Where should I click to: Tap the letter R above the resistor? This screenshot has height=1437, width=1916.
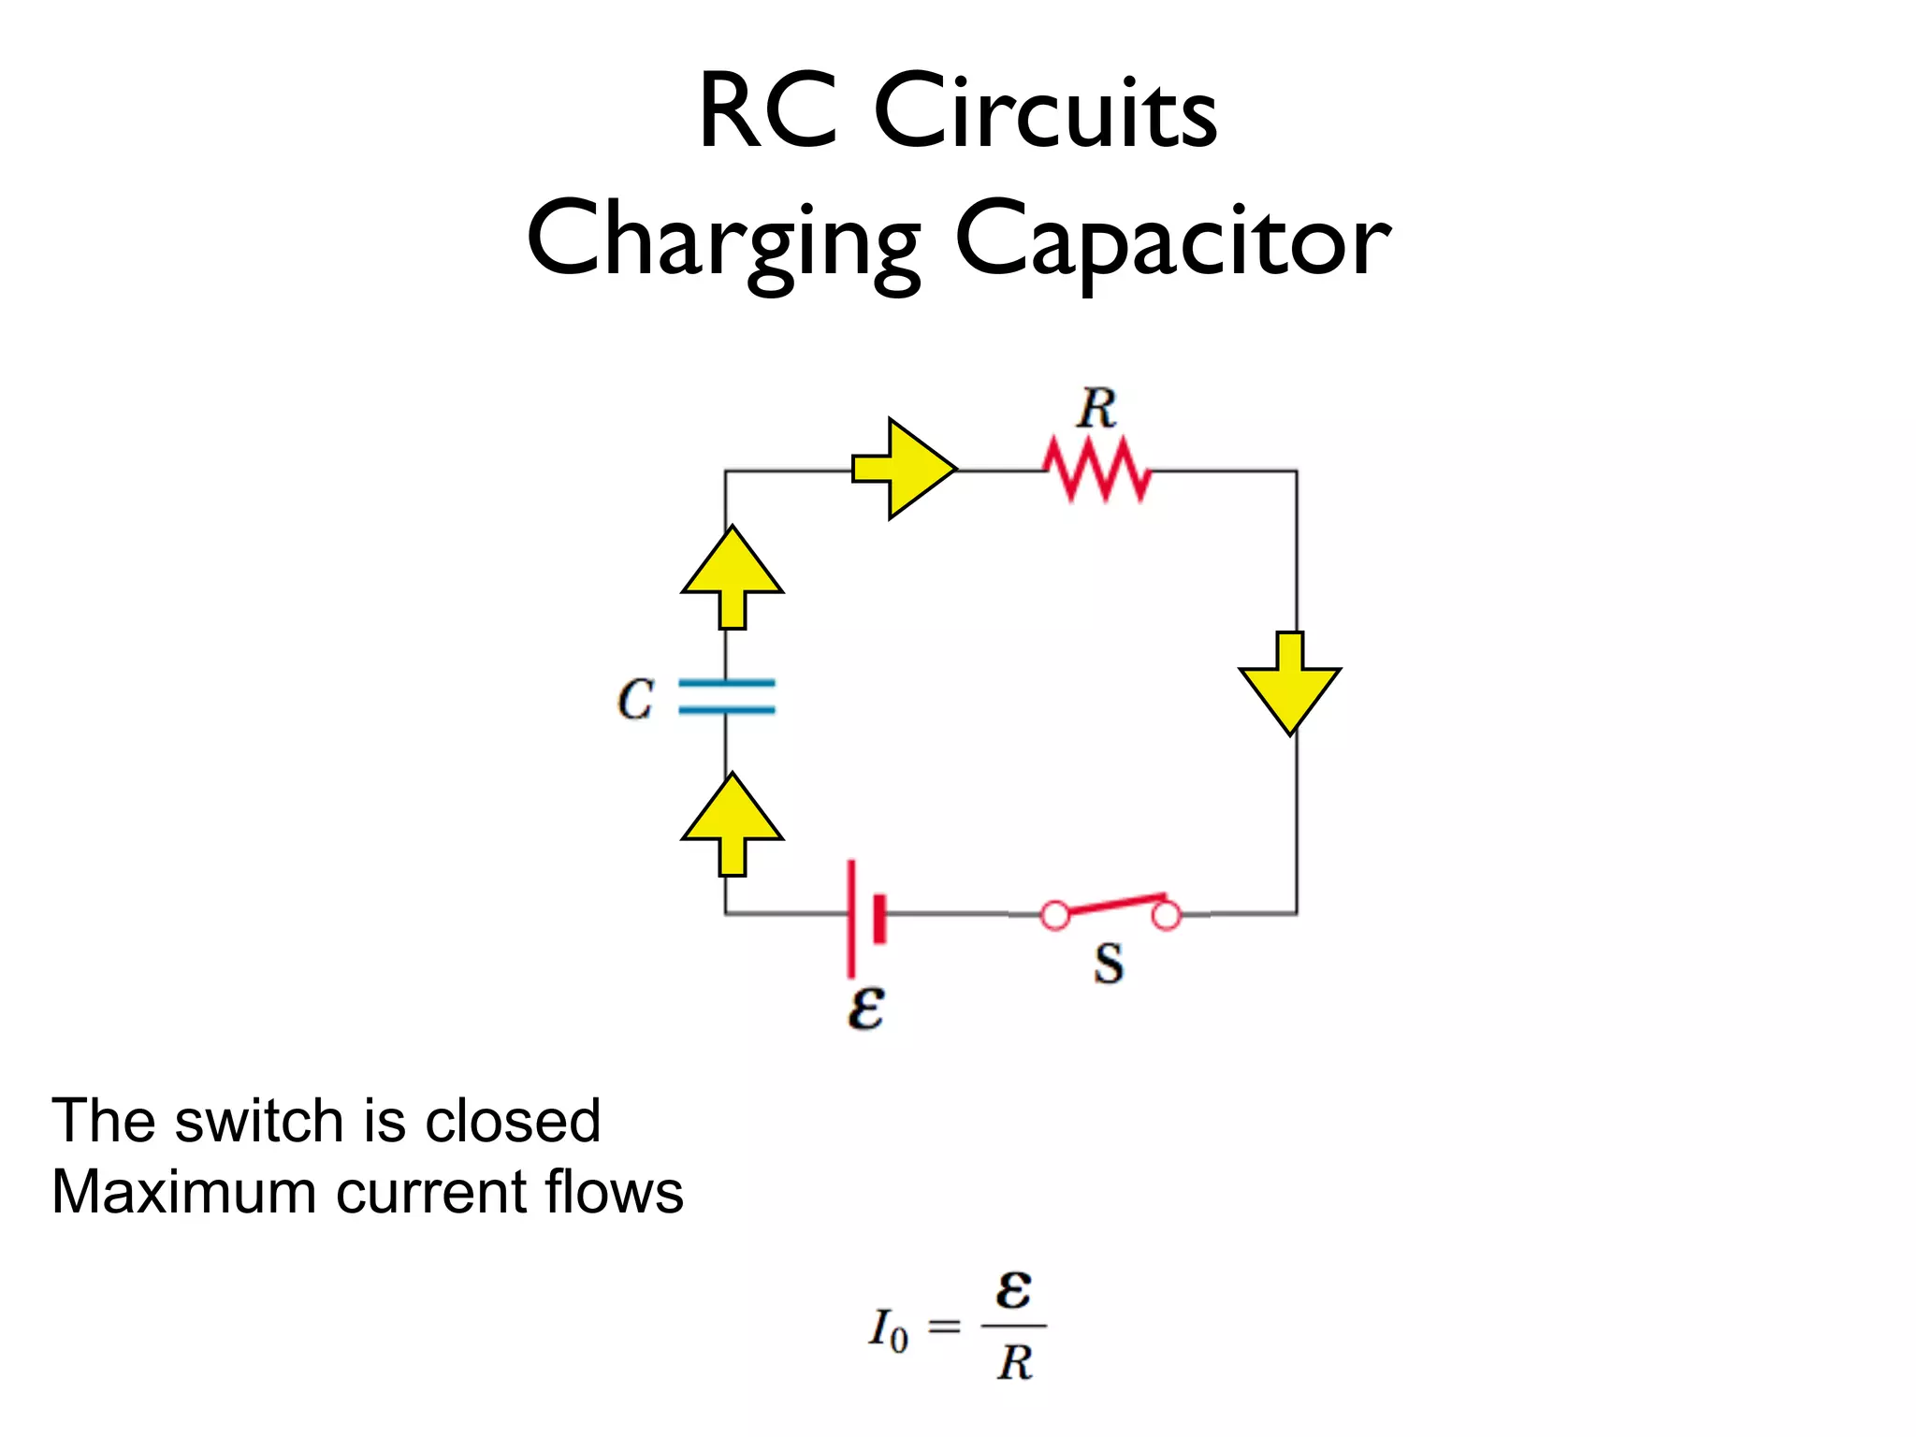pos(1096,410)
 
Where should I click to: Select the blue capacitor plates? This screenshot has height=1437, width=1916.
pos(727,697)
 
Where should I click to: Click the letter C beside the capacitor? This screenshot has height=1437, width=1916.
pos(635,699)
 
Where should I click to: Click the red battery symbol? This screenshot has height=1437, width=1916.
pos(864,917)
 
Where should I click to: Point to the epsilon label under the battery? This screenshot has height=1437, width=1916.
pos(865,1008)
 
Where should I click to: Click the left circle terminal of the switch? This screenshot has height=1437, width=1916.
pos(1055,916)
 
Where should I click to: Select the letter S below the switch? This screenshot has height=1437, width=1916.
pos(1109,964)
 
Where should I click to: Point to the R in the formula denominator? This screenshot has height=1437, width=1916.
pos(1014,1363)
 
